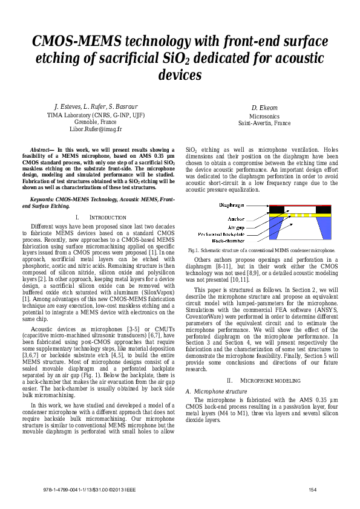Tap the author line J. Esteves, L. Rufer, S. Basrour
coord(96,106)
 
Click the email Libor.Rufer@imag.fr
coord(96,129)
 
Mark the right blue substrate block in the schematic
coord(326,229)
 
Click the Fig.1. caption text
coord(261,250)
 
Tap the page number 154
coord(313,489)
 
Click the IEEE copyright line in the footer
coord(82,489)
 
